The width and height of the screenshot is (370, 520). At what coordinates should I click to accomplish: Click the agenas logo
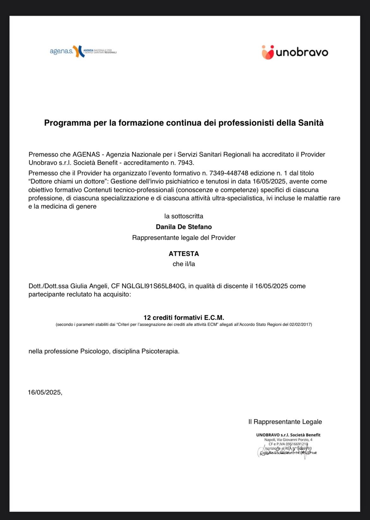[x=83, y=51]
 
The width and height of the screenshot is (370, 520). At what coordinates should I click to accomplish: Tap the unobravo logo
[x=295, y=52]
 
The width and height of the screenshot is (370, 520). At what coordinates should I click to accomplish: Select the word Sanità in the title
[x=311, y=123]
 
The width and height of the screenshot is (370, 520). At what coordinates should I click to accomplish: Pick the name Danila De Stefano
[x=184, y=227]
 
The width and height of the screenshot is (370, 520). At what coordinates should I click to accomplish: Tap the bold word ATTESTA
[x=184, y=254]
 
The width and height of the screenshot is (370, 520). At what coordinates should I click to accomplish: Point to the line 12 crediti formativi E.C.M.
[x=184, y=318]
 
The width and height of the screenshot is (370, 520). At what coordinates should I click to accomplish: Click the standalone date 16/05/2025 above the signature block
[x=45, y=393]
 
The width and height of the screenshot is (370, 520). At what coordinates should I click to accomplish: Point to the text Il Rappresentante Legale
[x=285, y=422]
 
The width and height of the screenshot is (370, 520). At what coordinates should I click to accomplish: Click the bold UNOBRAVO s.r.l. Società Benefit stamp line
[x=288, y=435]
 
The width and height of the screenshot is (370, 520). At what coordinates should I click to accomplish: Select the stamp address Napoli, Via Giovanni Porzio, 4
[x=288, y=440]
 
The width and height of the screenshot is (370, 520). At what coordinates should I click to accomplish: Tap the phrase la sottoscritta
[x=184, y=216]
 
